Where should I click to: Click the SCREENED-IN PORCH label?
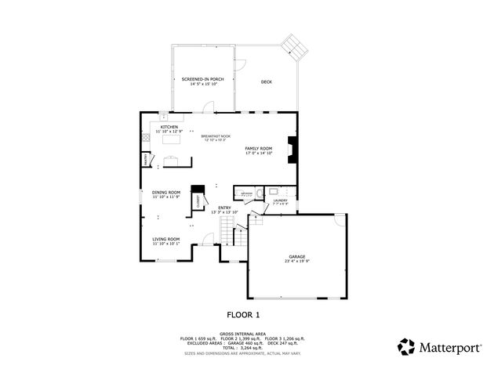(203, 79)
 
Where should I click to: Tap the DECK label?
(266, 81)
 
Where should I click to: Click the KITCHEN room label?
(169, 127)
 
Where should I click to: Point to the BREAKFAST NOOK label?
(215, 136)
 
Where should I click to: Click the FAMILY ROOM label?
(258, 148)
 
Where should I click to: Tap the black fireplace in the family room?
(293, 148)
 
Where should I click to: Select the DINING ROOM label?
(166, 192)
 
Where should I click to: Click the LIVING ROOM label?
(166, 239)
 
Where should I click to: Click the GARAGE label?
(296, 256)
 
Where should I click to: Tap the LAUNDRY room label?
(281, 201)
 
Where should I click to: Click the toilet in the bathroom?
(271, 191)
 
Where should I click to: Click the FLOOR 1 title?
(243, 315)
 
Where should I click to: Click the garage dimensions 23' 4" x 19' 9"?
(296, 261)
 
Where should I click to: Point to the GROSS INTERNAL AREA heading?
(243, 333)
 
